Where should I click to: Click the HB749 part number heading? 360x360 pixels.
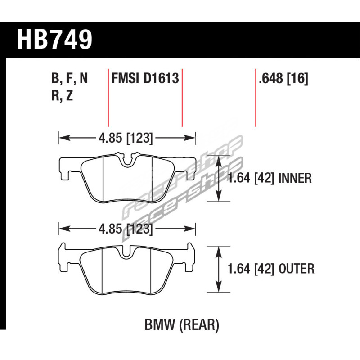pyautogui.click(x=54, y=40)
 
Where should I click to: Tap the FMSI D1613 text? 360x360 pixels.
pyautogui.click(x=145, y=78)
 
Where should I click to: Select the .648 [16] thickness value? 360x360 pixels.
pyautogui.click(x=283, y=78)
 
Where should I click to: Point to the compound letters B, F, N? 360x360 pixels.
pyautogui.click(x=70, y=79)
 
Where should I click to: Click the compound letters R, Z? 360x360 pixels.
pyautogui.click(x=62, y=95)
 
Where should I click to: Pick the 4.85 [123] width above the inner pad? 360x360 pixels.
pyautogui.click(x=126, y=138)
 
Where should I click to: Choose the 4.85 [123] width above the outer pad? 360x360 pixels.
pyautogui.click(x=126, y=229)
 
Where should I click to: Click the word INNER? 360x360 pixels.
pyautogui.click(x=295, y=178)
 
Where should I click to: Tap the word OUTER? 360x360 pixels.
pyautogui.click(x=296, y=269)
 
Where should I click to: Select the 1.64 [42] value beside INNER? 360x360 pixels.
pyautogui.click(x=251, y=178)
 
